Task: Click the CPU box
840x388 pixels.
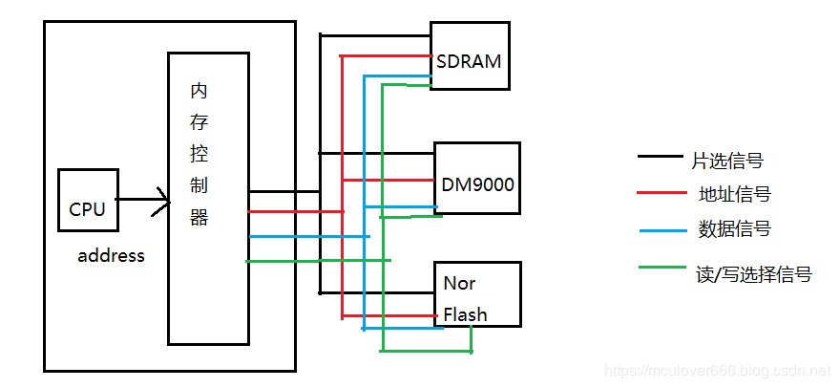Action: [x=88, y=201]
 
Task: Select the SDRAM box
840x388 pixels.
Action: [x=468, y=56]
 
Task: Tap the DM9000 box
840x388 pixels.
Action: [x=477, y=179]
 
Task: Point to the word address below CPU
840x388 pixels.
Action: [x=111, y=255]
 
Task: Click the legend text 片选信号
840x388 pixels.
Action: [x=727, y=160]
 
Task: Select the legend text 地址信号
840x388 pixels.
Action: [x=734, y=194]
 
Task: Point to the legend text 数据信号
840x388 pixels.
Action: [x=734, y=229]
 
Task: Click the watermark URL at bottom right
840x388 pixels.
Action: [x=720, y=368]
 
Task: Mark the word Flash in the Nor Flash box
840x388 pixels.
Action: [x=465, y=314]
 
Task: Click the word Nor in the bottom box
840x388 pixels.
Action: [x=459, y=284]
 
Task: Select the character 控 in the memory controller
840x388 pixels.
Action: [x=199, y=154]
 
